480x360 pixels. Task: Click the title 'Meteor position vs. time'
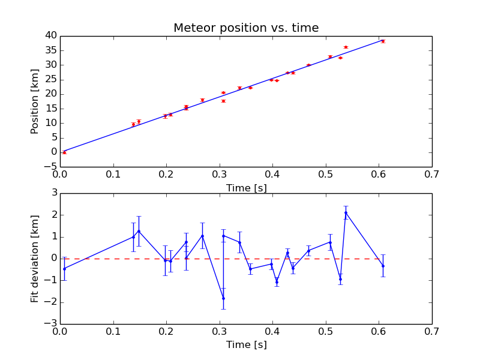tap(246, 28)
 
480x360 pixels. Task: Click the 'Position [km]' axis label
tap(35, 100)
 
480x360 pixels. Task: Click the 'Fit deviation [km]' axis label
tap(35, 258)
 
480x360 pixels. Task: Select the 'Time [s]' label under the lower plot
tap(246, 345)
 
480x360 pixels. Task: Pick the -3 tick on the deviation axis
tap(50, 323)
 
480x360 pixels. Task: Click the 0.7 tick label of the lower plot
tap(431, 332)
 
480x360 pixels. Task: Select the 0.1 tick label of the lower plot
tap(113, 332)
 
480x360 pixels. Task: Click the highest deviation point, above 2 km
tap(346, 212)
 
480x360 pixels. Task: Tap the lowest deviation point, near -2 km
tap(223, 298)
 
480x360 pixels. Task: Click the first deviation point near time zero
tap(64, 268)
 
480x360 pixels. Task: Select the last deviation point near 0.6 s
tap(383, 266)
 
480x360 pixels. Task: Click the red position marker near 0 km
tap(64, 152)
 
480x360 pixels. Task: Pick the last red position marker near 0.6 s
tap(383, 41)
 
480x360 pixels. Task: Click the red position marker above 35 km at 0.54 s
tap(346, 47)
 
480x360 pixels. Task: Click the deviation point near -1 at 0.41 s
tap(277, 281)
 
